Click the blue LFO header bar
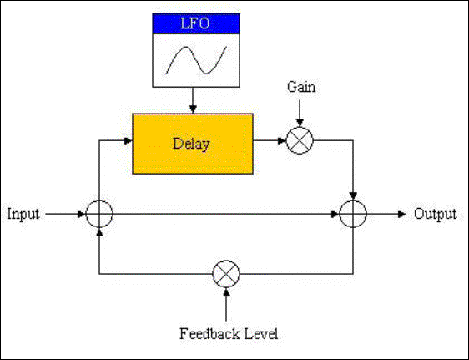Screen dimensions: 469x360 click(x=196, y=23)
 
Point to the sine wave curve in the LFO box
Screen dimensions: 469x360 click(x=186, y=48)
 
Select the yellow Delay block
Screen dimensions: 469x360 click(x=193, y=144)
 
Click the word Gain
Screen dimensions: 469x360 click(x=301, y=88)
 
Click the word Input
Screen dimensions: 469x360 click(x=23, y=214)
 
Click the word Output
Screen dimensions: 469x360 click(x=435, y=214)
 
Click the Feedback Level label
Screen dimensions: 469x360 click(x=229, y=333)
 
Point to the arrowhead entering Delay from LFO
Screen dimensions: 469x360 click(x=193, y=109)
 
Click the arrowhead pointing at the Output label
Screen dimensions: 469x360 click(x=401, y=214)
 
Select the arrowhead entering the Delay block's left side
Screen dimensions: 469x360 click(x=129, y=140)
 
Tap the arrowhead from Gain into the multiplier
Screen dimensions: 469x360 click(x=300, y=123)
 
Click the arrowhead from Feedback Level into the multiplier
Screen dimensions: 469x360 click(x=226, y=292)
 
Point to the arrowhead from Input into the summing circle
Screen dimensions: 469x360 click(x=82, y=214)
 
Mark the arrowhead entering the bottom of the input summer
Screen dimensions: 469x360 click(x=99, y=231)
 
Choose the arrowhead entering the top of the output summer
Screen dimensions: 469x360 click(x=353, y=196)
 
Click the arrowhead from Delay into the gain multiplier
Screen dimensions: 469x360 click(x=282, y=140)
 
